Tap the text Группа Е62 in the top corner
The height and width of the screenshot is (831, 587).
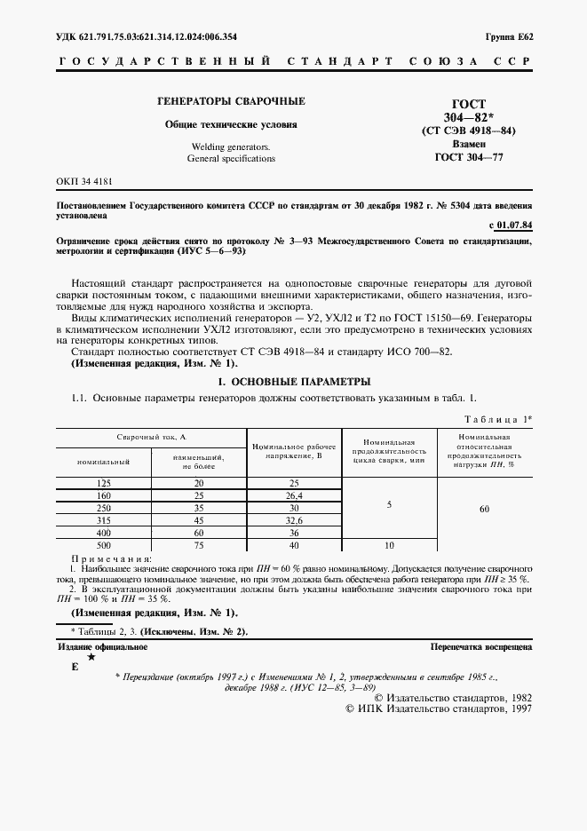[509, 37]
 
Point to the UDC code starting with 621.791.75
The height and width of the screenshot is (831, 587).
[141, 37]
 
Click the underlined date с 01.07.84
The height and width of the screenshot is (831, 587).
[511, 226]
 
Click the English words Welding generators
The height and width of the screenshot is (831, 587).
[231, 146]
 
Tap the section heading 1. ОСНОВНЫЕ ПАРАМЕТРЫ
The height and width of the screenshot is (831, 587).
[294, 381]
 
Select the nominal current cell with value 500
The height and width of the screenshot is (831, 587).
[104, 544]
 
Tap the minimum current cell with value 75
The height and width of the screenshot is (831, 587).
[199, 544]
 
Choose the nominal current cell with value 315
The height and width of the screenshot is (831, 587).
[104, 519]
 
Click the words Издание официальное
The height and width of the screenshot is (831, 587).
[102, 648]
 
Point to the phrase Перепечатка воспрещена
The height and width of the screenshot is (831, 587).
[480, 648]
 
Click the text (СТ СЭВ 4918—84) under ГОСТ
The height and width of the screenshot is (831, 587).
[468, 130]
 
